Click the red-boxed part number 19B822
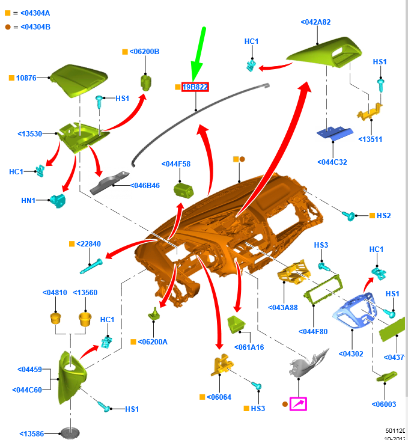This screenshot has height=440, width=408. click(x=195, y=87)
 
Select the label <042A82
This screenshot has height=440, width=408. click(x=315, y=22)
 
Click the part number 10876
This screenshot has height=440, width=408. click(x=26, y=78)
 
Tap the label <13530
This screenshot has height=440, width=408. click(x=30, y=133)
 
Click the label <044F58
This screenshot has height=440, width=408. click(x=176, y=163)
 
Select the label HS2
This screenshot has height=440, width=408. click(x=384, y=215)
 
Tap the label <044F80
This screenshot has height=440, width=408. click(x=313, y=331)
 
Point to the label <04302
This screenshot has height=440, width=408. click(x=351, y=354)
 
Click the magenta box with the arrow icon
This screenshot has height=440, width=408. click(x=298, y=403)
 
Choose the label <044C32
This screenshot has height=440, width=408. click(x=332, y=162)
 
